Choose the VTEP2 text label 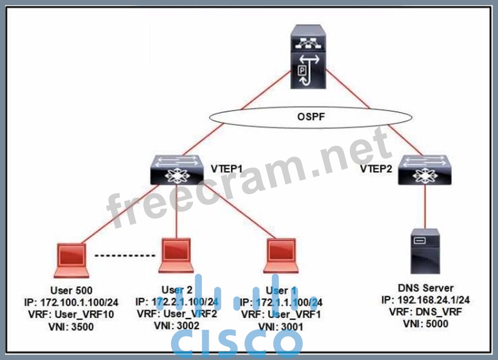click(x=376, y=168)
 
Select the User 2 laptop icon click(x=175, y=255)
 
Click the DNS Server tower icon click(x=425, y=251)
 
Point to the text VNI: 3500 click(x=71, y=326)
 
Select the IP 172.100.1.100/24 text click(x=71, y=303)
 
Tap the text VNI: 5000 click(x=425, y=324)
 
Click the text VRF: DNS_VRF click(x=425, y=312)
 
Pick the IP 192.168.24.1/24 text click(x=425, y=300)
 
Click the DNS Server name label click(x=425, y=288)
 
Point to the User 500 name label click(x=71, y=291)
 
